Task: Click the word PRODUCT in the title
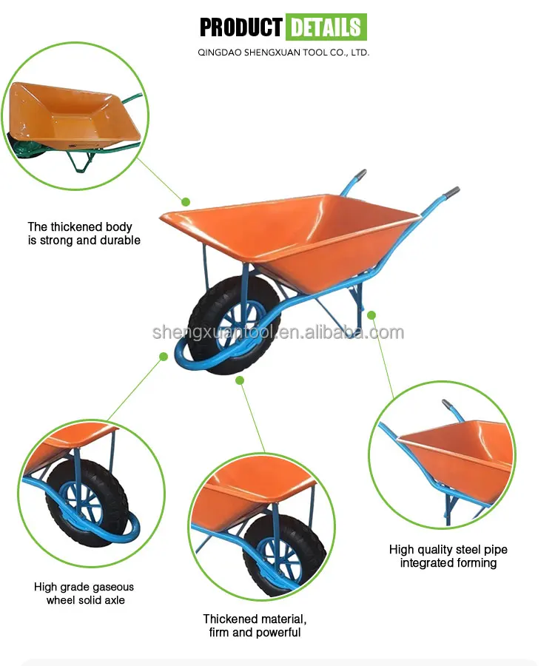[240, 28]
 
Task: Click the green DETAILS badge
[326, 28]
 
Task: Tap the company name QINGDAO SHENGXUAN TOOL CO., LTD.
[284, 53]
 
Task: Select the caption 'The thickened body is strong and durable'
[84, 233]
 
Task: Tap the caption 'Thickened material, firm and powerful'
[255, 625]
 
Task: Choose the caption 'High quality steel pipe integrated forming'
[448, 556]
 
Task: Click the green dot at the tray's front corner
[186, 201]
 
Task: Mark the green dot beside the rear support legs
[371, 314]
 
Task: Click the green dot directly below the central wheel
[239, 380]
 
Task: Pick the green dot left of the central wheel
[164, 357]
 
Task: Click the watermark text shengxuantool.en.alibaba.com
[278, 332]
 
